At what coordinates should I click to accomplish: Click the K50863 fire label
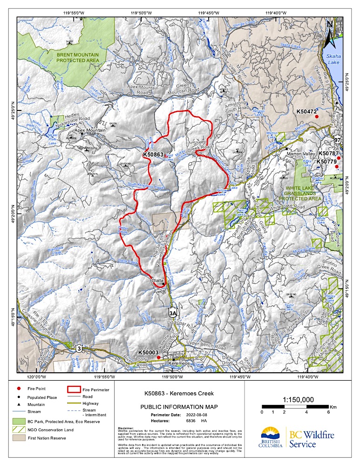coord(153,154)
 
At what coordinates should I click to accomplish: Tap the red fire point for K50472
coord(316,116)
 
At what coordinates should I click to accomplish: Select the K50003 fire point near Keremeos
coord(158,357)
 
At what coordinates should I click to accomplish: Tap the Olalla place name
coord(158,281)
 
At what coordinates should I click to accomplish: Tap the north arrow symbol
coord(330,30)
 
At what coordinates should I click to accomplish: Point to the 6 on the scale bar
coord(329,412)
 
